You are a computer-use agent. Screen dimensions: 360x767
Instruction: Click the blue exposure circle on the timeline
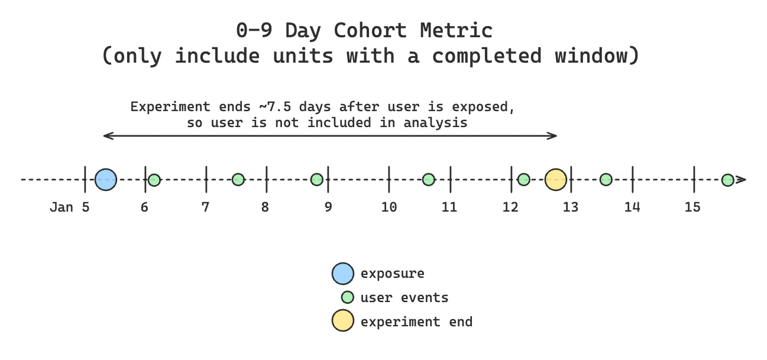106,179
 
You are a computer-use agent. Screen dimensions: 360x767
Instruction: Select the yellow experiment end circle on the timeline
555,179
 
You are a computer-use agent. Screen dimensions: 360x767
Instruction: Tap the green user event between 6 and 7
154,180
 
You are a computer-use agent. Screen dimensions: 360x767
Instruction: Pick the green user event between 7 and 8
238,179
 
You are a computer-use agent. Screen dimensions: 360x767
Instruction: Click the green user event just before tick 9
317,179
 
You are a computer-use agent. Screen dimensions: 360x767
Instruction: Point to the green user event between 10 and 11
429,179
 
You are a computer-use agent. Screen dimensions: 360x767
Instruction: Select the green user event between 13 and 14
606,179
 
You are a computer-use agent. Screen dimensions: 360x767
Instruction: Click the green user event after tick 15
727,180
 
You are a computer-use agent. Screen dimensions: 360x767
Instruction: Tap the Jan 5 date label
69,207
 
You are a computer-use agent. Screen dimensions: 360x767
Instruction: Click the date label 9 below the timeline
328,207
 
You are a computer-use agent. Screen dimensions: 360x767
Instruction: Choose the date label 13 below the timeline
571,207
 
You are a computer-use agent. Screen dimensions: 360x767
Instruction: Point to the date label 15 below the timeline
692,207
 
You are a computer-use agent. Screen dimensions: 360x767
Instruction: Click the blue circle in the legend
343,274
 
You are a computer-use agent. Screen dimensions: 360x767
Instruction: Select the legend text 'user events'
404,297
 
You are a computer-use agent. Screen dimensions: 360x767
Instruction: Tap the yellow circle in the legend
343,321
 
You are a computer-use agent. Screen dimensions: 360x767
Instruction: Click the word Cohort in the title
369,30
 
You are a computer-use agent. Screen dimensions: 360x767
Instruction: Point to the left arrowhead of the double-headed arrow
105,136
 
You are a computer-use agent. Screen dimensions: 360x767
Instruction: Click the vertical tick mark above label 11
451,179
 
